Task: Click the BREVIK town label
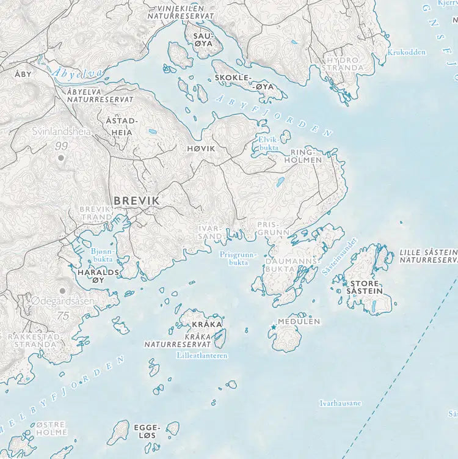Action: pos(136,200)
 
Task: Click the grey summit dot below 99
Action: pos(61,158)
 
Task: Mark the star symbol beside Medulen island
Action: pos(273,328)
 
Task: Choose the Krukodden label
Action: pos(406,52)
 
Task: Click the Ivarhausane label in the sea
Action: pos(340,403)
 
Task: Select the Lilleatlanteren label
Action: pos(202,355)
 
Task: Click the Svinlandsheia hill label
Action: pos(61,131)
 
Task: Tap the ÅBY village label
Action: pos(23,73)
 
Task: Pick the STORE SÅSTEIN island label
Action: pos(365,287)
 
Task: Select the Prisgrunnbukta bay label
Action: pos(234,258)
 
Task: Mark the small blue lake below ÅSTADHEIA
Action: pos(151,130)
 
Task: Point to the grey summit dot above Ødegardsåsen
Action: pos(62,290)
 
